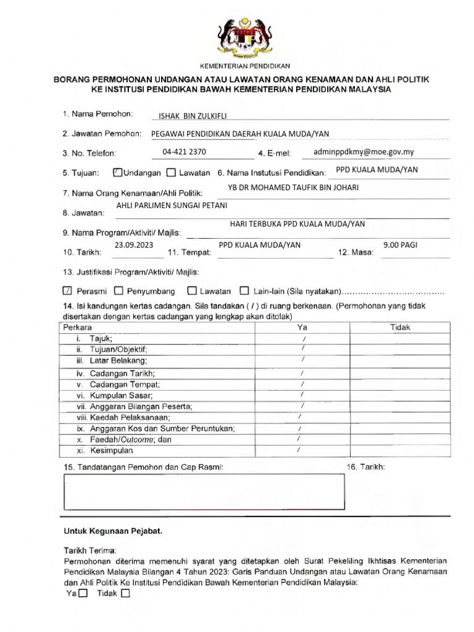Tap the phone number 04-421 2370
tap(185, 152)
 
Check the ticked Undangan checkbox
tap(118, 173)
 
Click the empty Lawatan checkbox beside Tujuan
tap(171, 173)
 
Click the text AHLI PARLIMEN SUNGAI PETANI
tap(167, 205)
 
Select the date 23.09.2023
tap(134, 245)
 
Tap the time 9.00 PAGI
tap(400, 245)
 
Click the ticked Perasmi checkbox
tap(68, 291)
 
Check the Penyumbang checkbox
tap(120, 291)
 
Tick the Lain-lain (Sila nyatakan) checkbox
tap(244, 291)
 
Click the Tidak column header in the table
tap(400, 328)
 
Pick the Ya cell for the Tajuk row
tap(303, 339)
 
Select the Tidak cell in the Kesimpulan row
tap(400, 451)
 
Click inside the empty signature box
tap(204, 492)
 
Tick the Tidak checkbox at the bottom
tap(126, 594)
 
